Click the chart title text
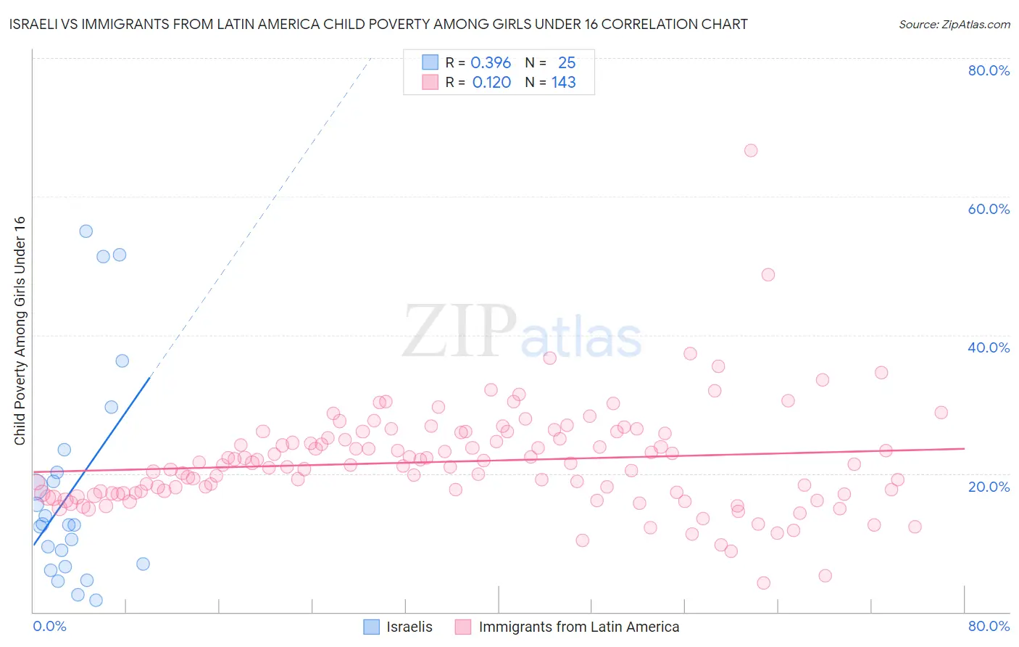(x=378, y=25)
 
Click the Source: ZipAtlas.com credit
(x=954, y=25)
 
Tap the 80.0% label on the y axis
(x=989, y=70)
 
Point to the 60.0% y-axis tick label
(x=989, y=209)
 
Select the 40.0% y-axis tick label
(x=989, y=347)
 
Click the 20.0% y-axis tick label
(x=989, y=487)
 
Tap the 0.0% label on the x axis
(x=49, y=626)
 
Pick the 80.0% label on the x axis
(x=989, y=626)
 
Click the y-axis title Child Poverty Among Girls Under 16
(x=20, y=331)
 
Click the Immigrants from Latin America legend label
(x=578, y=627)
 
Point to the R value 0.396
(x=491, y=63)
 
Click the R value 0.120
(x=491, y=83)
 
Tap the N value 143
(x=563, y=83)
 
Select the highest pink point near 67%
(x=751, y=150)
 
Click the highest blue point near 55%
(x=86, y=231)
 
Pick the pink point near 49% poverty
(x=768, y=275)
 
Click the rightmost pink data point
(x=941, y=413)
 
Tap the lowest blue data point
(x=96, y=600)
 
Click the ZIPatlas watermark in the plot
(x=522, y=332)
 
